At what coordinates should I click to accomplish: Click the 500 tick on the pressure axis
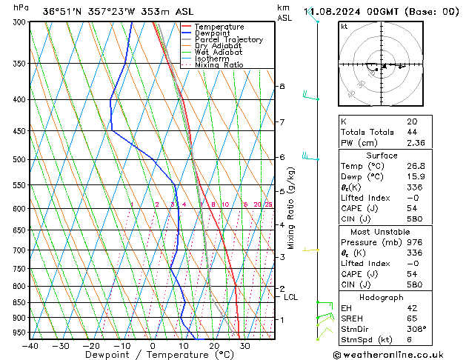pos(20,159)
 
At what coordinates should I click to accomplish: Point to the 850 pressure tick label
pos(20,303)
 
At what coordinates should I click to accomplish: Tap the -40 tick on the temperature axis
pos(30,346)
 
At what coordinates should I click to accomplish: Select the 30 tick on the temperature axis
pos(244,346)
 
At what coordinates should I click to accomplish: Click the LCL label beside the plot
pos(291,297)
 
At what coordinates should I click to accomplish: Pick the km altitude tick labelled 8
pos(282,87)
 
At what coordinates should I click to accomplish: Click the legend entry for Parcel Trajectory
pos(229,40)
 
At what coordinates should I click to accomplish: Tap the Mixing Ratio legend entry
pos(219,65)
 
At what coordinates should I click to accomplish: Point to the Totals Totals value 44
pos(412,132)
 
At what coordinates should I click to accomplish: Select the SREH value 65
pos(412,318)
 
